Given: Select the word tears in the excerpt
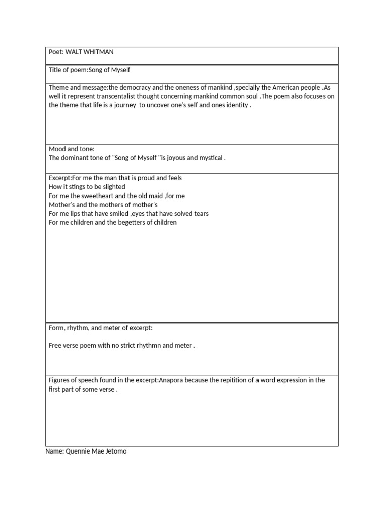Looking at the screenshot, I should coord(200,214).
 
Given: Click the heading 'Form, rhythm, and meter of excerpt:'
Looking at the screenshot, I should coord(100,328).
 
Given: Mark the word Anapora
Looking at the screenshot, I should coord(172,380).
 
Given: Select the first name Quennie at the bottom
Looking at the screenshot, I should coord(78,451).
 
